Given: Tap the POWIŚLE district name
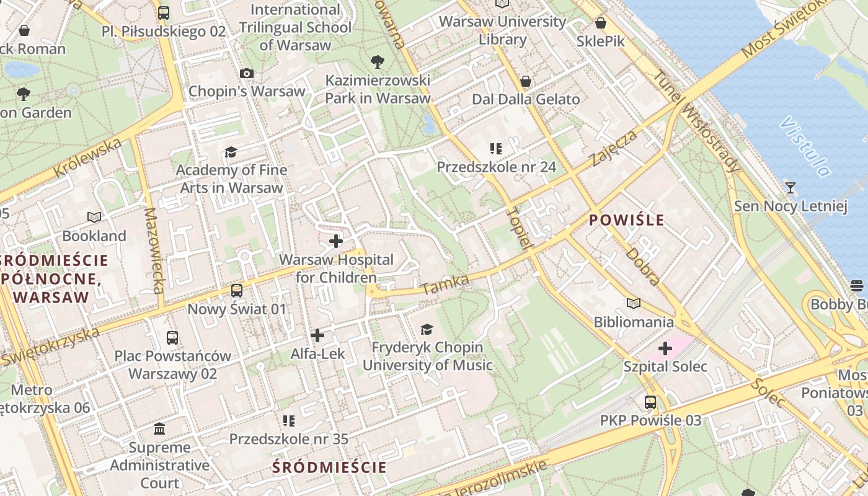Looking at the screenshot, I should click(626, 220).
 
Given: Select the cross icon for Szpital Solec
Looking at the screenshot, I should click(665, 348).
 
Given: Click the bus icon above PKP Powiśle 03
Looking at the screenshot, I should click(650, 402).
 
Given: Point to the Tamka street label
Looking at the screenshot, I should click(445, 285).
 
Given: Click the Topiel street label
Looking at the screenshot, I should click(520, 228).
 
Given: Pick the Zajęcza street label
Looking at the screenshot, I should click(614, 149).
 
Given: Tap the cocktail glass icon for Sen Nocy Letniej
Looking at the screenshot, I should click(790, 188).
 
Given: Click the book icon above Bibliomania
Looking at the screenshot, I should click(633, 304).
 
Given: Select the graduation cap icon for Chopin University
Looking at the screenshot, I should click(427, 329).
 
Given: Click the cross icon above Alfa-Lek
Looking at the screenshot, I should click(317, 336).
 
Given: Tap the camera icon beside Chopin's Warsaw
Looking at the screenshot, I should click(246, 74).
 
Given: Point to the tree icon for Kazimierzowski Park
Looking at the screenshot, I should click(377, 62).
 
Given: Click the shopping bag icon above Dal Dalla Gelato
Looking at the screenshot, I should click(526, 82).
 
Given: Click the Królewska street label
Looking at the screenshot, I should click(87, 157).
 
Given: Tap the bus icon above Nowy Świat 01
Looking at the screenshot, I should click(236, 291).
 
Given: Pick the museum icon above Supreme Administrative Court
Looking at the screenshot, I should click(159, 429).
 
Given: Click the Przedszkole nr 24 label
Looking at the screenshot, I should click(496, 167).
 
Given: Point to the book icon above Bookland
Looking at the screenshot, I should click(94, 218).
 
